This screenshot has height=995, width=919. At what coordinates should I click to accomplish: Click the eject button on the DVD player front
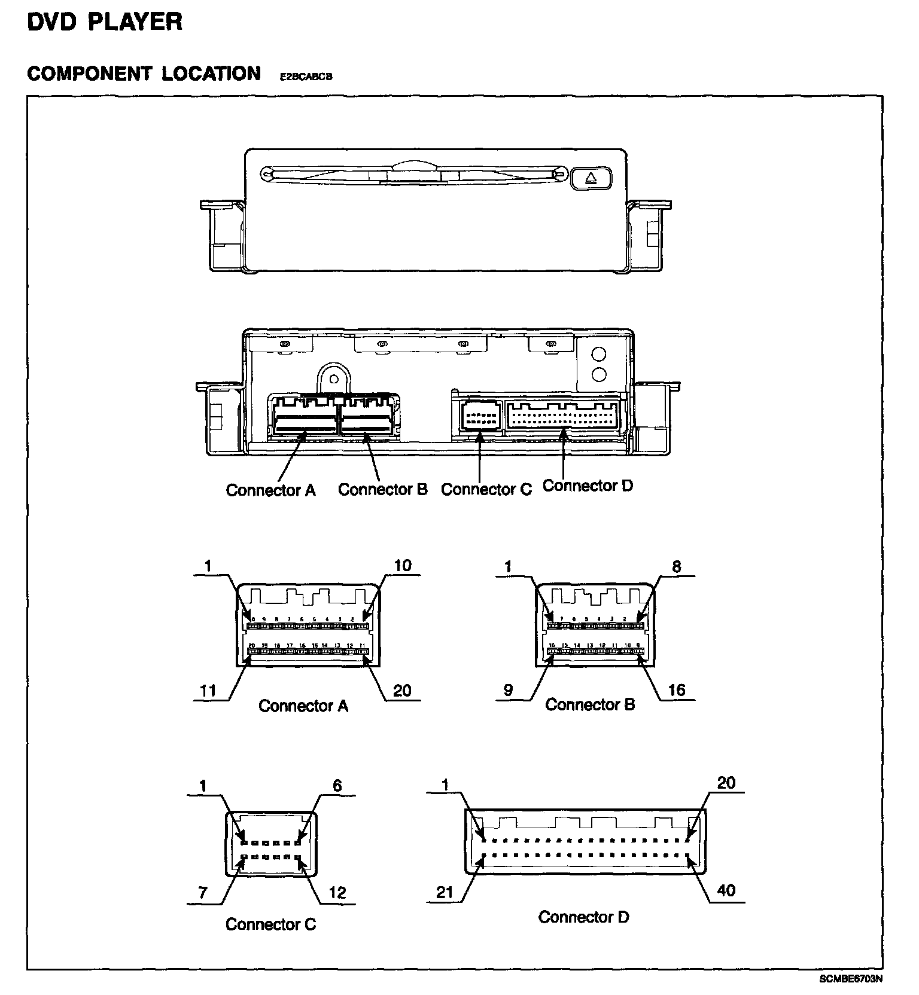591,178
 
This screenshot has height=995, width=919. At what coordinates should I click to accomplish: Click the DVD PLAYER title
105,22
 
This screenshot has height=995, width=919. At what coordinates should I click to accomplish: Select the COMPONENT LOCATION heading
144,74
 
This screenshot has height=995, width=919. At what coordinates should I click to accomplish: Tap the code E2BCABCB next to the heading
306,77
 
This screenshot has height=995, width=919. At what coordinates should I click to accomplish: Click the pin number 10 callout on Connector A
403,566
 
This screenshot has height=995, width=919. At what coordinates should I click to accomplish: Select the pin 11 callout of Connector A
208,691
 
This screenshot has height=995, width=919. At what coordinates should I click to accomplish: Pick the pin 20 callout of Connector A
402,691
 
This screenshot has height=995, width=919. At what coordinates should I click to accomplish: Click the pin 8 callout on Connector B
676,566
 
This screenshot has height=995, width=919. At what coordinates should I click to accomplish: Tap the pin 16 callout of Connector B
676,690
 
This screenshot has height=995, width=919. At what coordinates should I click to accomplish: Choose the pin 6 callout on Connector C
337,786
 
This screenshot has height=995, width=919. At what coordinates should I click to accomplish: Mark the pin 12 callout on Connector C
337,893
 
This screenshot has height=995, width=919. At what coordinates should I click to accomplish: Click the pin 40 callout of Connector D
726,890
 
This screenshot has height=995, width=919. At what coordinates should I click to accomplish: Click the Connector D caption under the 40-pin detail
583,917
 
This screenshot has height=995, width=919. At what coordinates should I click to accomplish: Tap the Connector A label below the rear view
270,490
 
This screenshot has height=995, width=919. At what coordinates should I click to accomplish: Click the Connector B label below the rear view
383,489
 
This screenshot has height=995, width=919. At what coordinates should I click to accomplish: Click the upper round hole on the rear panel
598,354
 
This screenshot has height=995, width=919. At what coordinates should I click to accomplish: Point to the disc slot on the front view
413,175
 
